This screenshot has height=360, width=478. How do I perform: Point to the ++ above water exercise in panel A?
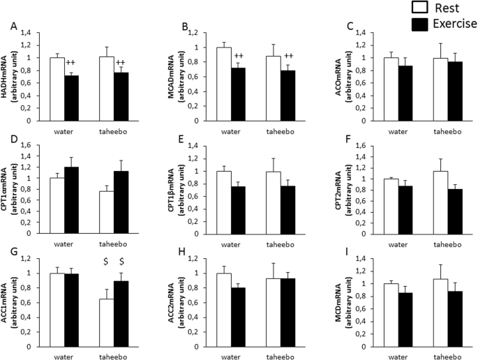[x=71, y=63]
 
